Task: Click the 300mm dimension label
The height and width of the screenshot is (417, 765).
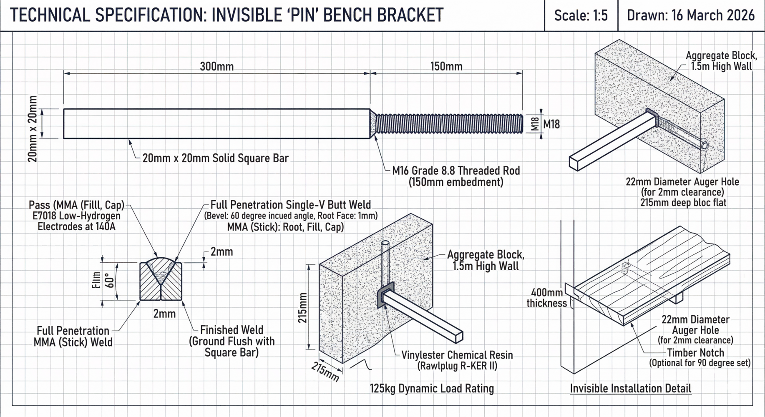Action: (216, 67)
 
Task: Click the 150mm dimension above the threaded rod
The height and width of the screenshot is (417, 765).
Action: (446, 67)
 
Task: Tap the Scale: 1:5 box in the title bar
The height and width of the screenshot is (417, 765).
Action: (580, 16)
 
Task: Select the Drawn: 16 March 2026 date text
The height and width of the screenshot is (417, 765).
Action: (690, 16)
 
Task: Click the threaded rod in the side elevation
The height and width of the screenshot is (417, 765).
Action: (448, 124)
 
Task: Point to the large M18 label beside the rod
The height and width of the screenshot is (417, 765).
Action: (551, 124)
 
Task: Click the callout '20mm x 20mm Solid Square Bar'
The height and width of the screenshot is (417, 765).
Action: (215, 158)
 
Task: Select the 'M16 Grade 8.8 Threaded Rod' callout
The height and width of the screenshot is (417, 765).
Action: (456, 171)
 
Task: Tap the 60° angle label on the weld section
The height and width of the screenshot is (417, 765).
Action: (110, 281)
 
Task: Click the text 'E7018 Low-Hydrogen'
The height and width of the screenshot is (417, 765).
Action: (76, 216)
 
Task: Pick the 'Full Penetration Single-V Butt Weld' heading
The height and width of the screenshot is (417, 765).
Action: (290, 205)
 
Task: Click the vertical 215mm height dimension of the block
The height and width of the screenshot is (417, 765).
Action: (303, 308)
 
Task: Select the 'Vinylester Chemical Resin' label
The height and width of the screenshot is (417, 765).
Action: (457, 355)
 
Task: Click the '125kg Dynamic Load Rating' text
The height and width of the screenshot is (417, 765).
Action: (432, 389)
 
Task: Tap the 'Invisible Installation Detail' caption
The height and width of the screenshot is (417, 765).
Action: (630, 389)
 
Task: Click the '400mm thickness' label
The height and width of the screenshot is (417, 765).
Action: (546, 298)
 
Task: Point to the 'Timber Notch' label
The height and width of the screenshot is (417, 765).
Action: (695, 353)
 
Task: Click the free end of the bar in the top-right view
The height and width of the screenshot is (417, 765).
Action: (574, 163)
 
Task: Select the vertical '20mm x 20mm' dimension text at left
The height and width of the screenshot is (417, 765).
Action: (33, 128)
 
